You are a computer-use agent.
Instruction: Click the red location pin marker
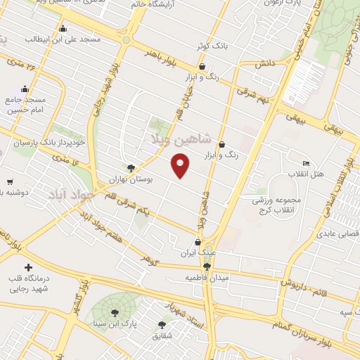coord(181,167)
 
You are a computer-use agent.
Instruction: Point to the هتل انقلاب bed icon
coord(305,163)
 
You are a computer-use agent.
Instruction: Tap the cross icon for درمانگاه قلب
coord(28,267)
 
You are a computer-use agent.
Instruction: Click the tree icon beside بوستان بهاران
coord(130,167)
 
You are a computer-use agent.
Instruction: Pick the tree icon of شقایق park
coord(162,325)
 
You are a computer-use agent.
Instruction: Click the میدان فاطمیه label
coord(207,278)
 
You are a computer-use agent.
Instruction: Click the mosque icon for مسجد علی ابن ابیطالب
coord(63,29)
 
